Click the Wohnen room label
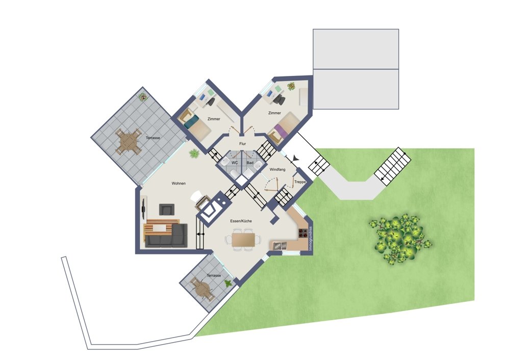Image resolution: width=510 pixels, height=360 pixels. pyautogui.click(x=178, y=184)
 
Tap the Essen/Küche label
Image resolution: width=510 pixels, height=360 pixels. pyautogui.click(x=241, y=221)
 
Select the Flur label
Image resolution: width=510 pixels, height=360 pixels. pyautogui.click(x=243, y=144)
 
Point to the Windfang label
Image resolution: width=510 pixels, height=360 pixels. pyautogui.click(x=277, y=169)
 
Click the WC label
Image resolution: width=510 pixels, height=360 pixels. pyautogui.click(x=235, y=163)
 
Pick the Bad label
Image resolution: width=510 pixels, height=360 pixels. pyautogui.click(x=250, y=163)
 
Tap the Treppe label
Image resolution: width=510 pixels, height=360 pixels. pyautogui.click(x=300, y=182)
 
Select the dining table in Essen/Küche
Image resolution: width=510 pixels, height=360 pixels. pyautogui.click(x=243, y=240)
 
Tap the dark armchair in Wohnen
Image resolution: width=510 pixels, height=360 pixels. pyautogui.click(x=167, y=210)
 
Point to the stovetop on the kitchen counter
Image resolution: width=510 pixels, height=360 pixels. pyautogui.click(x=303, y=233)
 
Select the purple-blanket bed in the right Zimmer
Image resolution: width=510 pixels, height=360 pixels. pyautogui.click(x=284, y=130)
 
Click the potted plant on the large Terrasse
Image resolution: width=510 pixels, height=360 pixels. pyautogui.click(x=142, y=97)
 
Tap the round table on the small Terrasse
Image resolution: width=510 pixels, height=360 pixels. pyautogui.click(x=203, y=289)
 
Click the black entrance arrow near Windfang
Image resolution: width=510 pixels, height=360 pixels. pyautogui.click(x=295, y=158)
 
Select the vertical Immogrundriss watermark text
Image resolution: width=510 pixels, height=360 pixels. pyautogui.click(x=311, y=238)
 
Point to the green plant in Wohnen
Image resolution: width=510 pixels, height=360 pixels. pyautogui.click(x=194, y=153)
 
